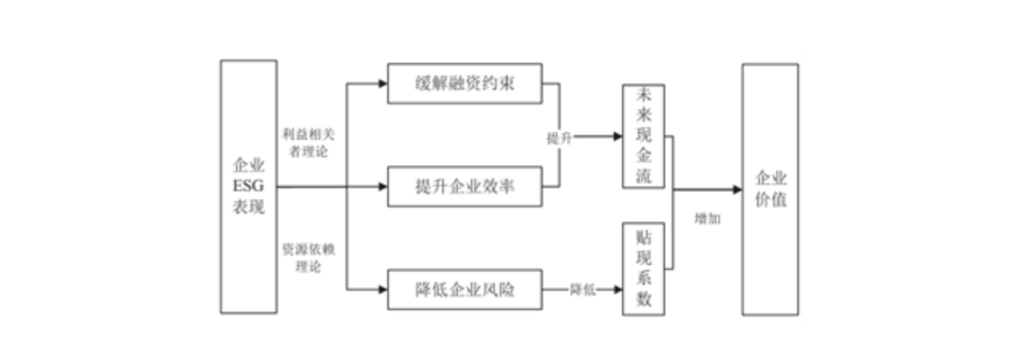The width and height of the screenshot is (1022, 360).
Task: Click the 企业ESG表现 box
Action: pos(249,186)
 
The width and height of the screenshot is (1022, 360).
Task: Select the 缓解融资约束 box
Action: pos(464,83)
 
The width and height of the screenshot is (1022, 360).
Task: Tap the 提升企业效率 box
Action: pos(464,187)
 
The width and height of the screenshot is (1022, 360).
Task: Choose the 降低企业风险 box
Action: pos(464,289)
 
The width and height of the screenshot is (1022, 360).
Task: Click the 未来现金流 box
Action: pos(644,136)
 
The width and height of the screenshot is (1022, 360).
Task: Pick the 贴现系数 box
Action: pos(644,268)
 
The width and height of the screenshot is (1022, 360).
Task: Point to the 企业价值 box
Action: pos(770,190)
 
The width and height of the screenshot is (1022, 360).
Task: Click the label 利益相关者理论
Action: pos(305,141)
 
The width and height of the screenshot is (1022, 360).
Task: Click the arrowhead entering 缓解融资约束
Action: pos(382,83)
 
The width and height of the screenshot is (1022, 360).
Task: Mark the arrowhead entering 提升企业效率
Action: pos(382,187)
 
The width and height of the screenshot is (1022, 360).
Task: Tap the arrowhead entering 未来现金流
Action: pos(618,137)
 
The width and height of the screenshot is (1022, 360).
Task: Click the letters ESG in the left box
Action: pos(248,187)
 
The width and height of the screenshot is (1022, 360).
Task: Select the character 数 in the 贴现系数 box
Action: pos(644,300)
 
